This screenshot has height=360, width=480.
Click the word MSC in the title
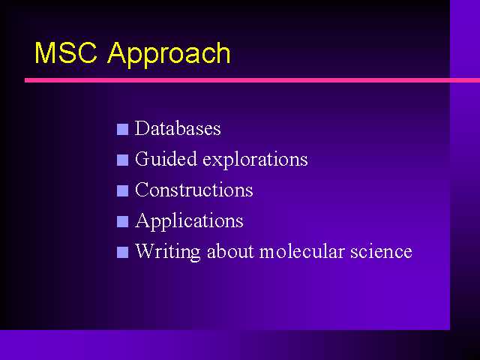pyautogui.click(x=66, y=52)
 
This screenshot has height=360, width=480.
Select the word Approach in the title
pyautogui.click(x=169, y=55)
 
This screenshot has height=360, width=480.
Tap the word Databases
pyautogui.click(x=178, y=128)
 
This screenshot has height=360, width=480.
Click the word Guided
pyautogui.click(x=166, y=159)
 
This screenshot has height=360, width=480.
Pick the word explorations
pyautogui.click(x=255, y=160)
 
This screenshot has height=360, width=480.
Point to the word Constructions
pyautogui.click(x=194, y=190)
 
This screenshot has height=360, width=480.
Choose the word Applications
pyautogui.click(x=189, y=221)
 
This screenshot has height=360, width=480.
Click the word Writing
pyautogui.click(x=168, y=252)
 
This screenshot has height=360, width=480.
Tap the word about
pyautogui.click(x=230, y=251)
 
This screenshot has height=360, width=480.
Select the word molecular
pyautogui.click(x=301, y=251)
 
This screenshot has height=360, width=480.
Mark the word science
pyautogui.click(x=381, y=251)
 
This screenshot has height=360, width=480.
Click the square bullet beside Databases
pyautogui.click(x=122, y=129)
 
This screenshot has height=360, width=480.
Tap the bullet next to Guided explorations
pyautogui.click(x=122, y=160)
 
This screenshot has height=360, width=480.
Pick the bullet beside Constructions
pyautogui.click(x=122, y=190)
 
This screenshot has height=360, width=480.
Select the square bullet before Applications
pyautogui.click(x=122, y=222)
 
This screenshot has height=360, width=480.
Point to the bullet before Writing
pyautogui.click(x=122, y=252)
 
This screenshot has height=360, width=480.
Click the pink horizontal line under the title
pyautogui.click(x=252, y=80)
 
